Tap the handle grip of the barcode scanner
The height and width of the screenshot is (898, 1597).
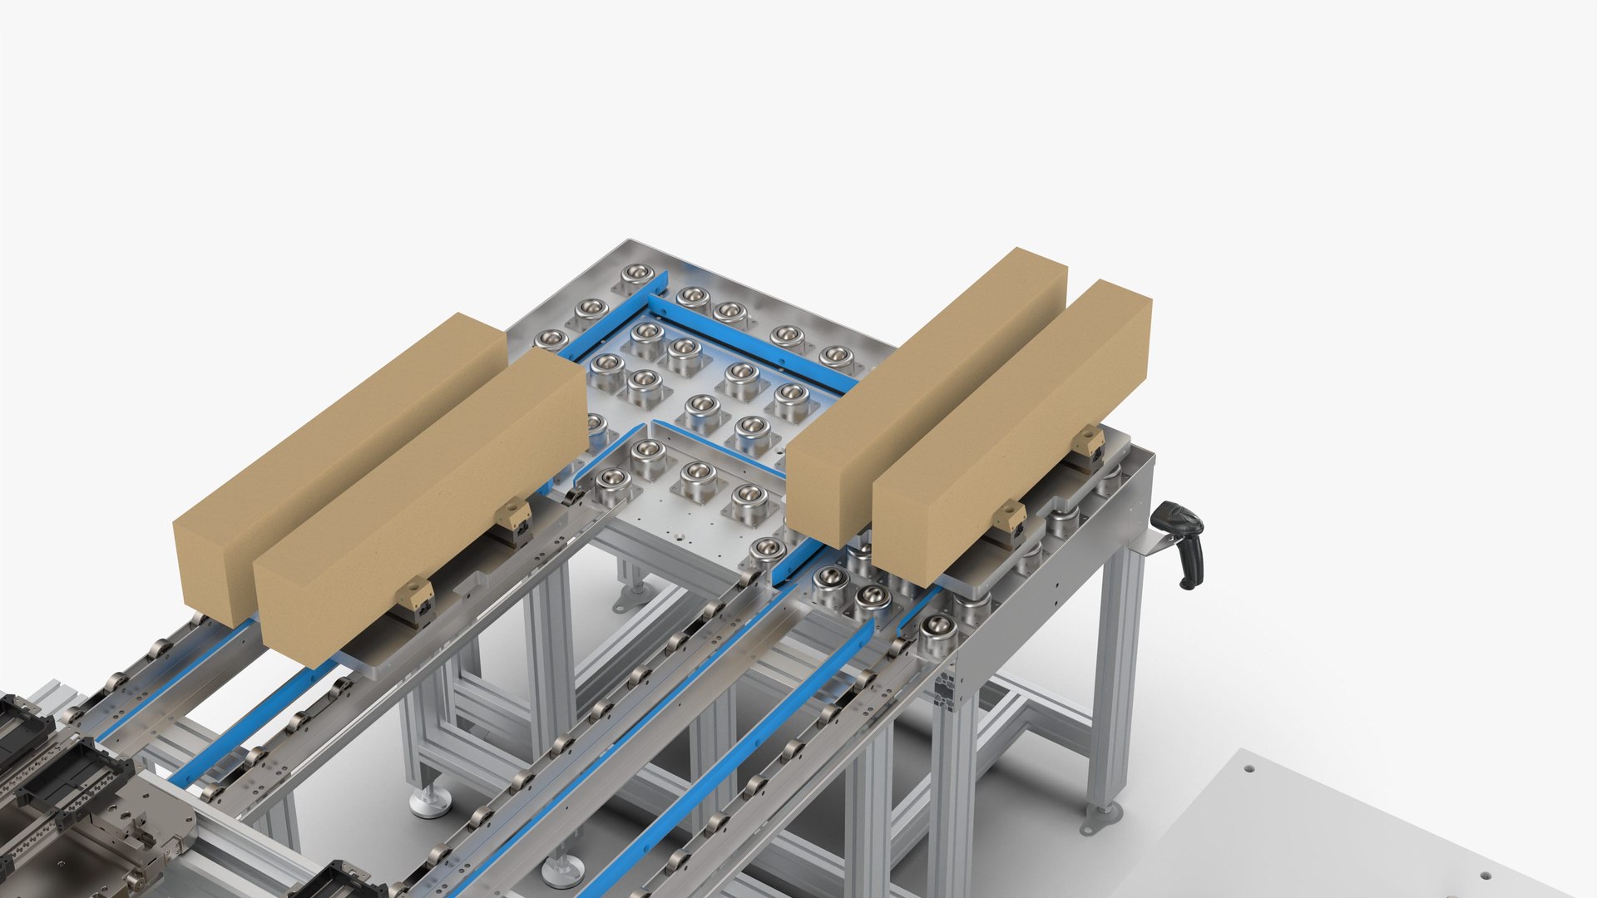1190,565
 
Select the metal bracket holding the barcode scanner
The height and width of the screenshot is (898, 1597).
1153,544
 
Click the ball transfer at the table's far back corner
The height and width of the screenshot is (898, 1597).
637,274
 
